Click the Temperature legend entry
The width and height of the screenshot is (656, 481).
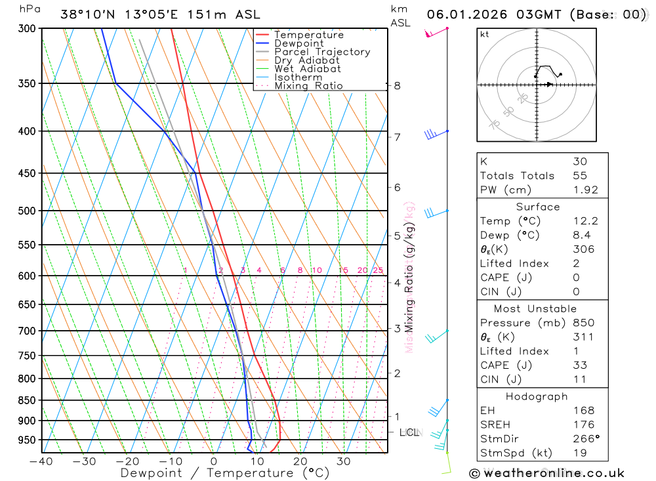308,35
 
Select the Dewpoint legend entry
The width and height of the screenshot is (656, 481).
299,43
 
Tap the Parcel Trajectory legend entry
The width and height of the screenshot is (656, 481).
322,52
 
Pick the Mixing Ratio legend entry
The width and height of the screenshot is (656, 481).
308,86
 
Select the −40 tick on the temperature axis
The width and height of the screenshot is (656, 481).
41,461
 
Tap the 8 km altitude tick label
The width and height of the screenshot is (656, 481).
397,85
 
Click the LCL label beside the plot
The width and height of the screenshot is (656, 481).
409,432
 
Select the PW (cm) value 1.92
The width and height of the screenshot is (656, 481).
585,190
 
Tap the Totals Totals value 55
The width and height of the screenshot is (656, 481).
579,175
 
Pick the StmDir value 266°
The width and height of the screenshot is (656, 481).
583,438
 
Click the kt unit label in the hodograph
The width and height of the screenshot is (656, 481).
485,35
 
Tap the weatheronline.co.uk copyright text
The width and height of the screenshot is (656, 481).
546,472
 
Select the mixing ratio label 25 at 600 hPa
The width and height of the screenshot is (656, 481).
378,270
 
